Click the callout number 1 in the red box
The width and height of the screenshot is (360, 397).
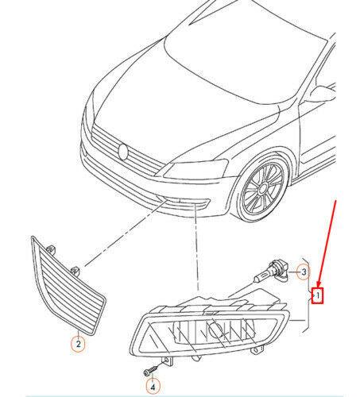318,295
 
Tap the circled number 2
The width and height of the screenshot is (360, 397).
79,344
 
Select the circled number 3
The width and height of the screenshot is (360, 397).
304,272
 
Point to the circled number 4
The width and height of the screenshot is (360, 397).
153,387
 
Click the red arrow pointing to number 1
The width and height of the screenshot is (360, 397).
327,245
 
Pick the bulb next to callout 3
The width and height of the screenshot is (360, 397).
272,272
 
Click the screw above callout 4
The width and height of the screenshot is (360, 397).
150,371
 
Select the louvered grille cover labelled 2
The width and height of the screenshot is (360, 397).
68,286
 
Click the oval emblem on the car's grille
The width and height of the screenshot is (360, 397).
123,152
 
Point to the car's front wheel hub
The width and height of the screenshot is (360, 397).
263,189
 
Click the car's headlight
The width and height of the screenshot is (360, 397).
195,168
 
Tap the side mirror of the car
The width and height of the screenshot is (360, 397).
319,94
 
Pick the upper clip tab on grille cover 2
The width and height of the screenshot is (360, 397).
52,249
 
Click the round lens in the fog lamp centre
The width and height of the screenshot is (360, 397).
215,330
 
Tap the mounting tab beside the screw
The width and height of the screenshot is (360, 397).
168,360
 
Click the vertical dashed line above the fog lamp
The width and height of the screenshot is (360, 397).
196,247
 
